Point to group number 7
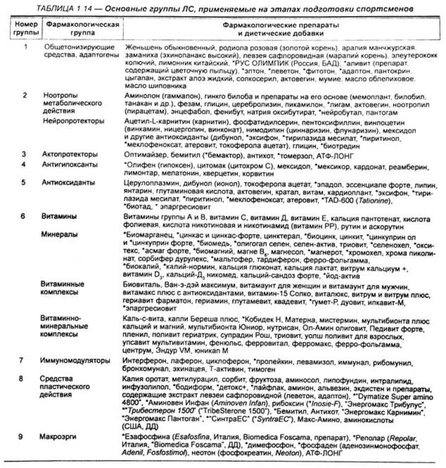click(x=24, y=360)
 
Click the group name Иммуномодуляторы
click(x=76, y=360)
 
